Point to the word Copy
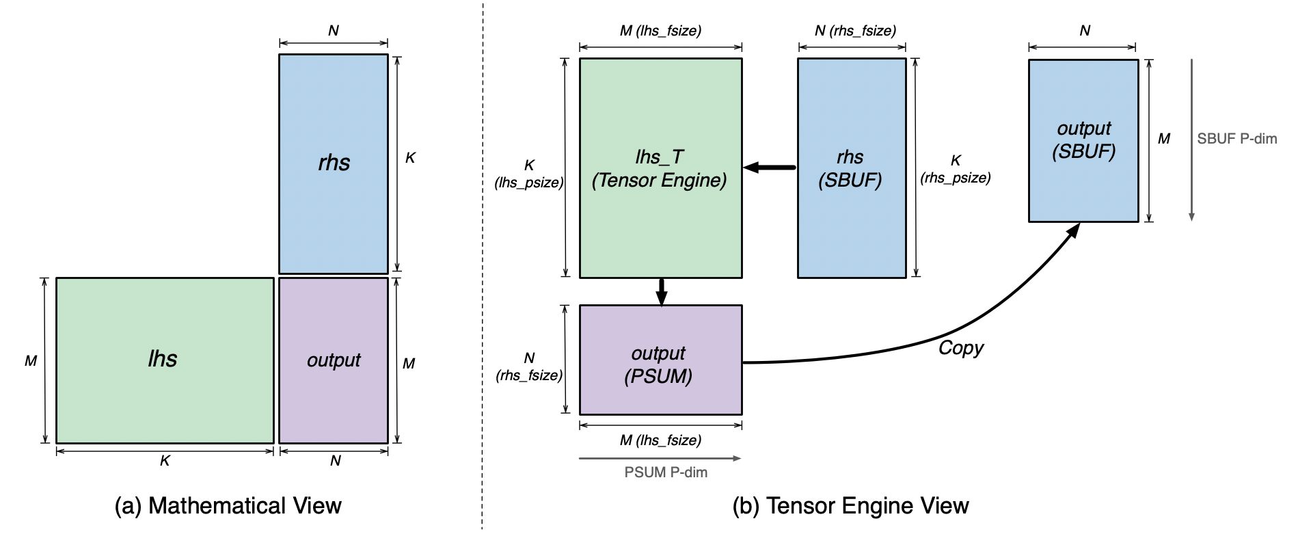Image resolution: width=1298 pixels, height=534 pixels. [x=960, y=348]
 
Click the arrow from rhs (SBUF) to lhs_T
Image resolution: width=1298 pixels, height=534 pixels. [x=770, y=168]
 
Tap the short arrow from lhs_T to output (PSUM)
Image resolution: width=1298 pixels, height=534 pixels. [x=661, y=292]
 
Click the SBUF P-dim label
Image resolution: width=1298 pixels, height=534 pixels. [x=1236, y=139]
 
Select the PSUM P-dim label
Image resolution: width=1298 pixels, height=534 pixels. [x=666, y=472]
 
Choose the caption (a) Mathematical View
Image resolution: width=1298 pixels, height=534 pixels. [x=228, y=506]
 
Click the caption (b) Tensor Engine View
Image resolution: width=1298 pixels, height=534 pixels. [x=850, y=506]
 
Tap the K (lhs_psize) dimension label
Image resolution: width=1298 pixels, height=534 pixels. [x=529, y=174]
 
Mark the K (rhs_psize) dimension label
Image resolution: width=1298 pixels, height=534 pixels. [x=955, y=169]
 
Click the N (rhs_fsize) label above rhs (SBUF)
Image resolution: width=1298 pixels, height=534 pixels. [x=855, y=30]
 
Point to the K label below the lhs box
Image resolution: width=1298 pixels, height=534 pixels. [x=165, y=462]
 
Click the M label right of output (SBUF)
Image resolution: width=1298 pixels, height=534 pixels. [x=1163, y=139]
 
